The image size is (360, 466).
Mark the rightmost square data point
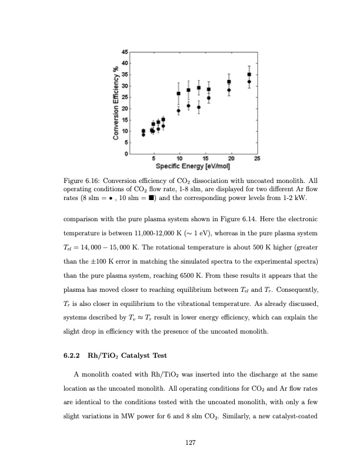point(249,75)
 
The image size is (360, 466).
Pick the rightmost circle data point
point(249,82)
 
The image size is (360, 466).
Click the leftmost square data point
point(144,131)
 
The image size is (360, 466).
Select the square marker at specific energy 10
point(179,94)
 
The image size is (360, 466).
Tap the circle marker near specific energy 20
point(229,90)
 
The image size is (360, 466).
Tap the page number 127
point(189,442)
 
